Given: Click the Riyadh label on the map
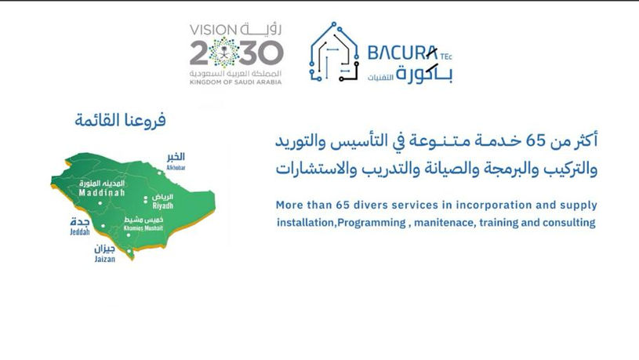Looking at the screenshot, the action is pos(163,206).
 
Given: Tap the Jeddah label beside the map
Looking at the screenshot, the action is pos(80,232).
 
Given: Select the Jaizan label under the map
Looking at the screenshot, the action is pos(105,259).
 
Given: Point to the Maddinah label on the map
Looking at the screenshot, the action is pos(102,192).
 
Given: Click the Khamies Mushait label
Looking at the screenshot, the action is pos(143,228).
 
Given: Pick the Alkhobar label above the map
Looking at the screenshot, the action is pos(176,168).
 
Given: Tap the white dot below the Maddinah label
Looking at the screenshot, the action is pos(100,202).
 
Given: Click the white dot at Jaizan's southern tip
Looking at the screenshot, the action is pos(129,251).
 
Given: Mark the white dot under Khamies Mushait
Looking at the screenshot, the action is pos(129,235).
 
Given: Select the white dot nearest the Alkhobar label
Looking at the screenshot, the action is pos(160,173).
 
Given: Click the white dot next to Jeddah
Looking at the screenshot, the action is pos(103,225).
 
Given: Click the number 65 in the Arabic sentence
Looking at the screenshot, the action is pos(536,141).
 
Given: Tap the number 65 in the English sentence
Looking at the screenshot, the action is pos(343,205).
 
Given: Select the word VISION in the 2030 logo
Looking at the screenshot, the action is pos(213,30).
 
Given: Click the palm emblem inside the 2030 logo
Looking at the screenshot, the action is pos(223,53).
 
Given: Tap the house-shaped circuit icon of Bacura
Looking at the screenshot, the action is pos(334,52).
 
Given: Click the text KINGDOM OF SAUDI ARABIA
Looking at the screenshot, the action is pos(235,82).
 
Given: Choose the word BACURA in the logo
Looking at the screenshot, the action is pos(403,53).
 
